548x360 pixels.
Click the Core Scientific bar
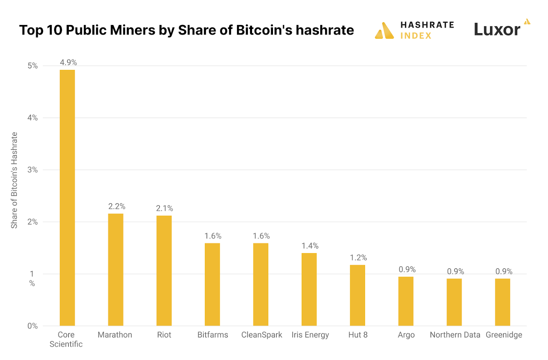click(67, 198)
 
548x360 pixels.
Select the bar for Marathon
click(115, 270)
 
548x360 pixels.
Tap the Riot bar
click(164, 271)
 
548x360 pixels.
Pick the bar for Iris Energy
click(309, 289)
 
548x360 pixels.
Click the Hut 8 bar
click(357, 295)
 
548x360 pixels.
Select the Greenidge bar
click(502, 302)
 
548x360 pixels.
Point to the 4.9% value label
click(68, 62)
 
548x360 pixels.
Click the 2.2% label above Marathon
click(117, 206)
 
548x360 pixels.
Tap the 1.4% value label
click(310, 246)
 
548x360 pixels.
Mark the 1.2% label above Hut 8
click(358, 258)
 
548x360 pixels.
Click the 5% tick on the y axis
click(33, 66)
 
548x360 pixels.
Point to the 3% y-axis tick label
click(33, 170)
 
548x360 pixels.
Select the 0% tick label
click(33, 326)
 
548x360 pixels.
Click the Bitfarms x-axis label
click(213, 335)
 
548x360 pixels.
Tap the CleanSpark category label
click(262, 335)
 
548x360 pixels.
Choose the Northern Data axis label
click(455, 335)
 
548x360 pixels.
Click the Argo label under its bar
click(406, 335)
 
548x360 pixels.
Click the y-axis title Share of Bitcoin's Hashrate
click(14, 180)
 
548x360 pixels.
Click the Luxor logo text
click(497, 30)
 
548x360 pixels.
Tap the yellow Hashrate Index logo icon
click(385, 31)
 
